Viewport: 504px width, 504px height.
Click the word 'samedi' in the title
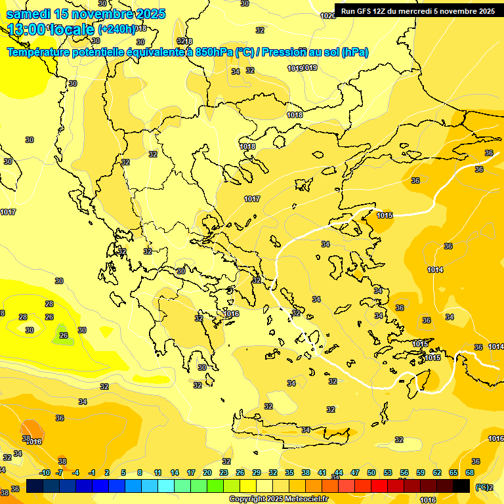(x=29, y=14)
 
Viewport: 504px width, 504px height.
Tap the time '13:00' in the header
(x=27, y=30)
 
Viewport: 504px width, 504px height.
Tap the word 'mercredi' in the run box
(x=417, y=11)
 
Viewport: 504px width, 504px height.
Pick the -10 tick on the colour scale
(x=45, y=472)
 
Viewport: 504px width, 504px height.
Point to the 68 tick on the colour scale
(x=470, y=472)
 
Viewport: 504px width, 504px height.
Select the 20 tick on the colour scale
(x=207, y=472)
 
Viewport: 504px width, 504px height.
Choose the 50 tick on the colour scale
(x=371, y=472)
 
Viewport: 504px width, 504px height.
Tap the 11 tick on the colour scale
(x=157, y=472)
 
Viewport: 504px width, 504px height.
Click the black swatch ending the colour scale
(x=461, y=486)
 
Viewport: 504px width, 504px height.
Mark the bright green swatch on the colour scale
(x=215, y=486)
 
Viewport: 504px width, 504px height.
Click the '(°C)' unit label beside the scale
(x=482, y=487)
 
